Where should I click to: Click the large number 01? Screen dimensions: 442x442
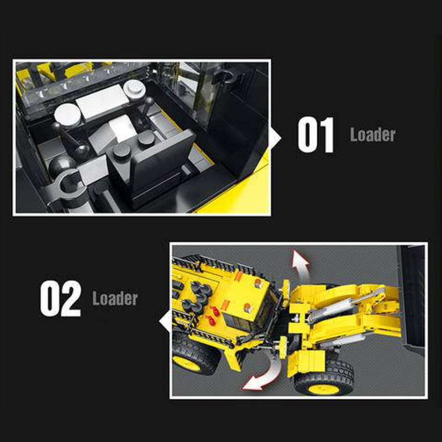315,135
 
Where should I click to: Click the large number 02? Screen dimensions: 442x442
60,298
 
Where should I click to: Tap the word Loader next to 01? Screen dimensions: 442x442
372,135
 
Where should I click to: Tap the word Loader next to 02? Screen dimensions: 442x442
115,298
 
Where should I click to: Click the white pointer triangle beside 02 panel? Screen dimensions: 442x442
165,321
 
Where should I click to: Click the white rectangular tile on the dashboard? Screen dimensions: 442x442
102,101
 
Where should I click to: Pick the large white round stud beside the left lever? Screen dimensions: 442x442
67,114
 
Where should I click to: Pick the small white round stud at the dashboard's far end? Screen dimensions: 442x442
134,89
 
